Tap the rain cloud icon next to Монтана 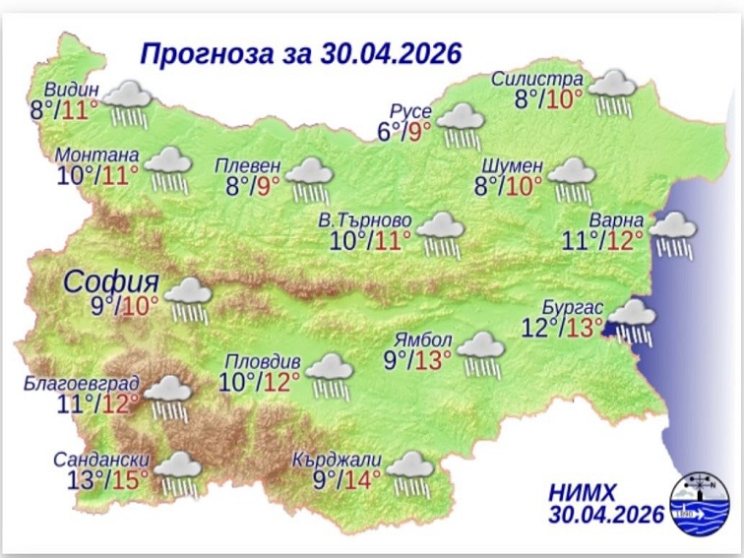[169, 169]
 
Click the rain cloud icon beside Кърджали [410, 473]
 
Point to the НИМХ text [589, 491]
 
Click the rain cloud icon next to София [187, 299]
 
